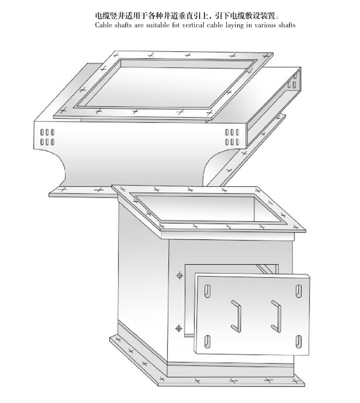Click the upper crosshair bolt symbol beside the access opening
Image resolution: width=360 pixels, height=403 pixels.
click(180, 276)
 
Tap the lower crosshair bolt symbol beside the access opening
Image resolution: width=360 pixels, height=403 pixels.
click(179, 328)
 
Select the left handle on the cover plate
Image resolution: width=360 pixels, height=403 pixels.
click(236, 316)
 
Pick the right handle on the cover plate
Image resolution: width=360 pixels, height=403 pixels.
click(276, 316)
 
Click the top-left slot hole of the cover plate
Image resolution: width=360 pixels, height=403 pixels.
click(207, 291)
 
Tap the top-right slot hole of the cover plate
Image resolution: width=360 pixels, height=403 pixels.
click(298, 291)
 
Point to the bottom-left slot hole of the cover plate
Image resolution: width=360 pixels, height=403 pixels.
click(207, 342)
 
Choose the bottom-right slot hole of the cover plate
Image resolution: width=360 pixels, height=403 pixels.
click(298, 342)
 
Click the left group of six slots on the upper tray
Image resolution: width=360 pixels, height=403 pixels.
click(47, 137)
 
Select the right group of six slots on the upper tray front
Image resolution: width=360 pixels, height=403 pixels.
click(232, 137)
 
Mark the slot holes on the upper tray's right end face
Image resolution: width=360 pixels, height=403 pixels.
click(292, 81)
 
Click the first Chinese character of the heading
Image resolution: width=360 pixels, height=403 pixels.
click(99, 16)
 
